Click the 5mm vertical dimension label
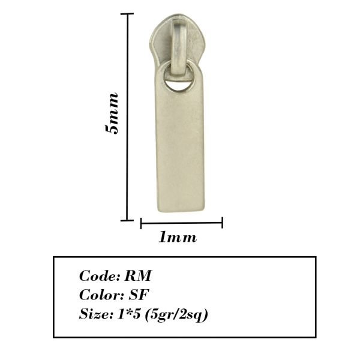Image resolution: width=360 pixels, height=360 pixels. (112, 113)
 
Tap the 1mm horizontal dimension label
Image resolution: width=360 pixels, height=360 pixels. (178, 237)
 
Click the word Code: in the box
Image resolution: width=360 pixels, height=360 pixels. (100, 275)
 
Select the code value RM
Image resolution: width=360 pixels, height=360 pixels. (138, 275)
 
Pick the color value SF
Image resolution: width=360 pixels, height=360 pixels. (139, 295)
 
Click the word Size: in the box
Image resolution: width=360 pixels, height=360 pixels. (96, 314)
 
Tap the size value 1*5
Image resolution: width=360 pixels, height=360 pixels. (128, 314)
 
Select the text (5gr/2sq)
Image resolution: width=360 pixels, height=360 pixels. (176, 314)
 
